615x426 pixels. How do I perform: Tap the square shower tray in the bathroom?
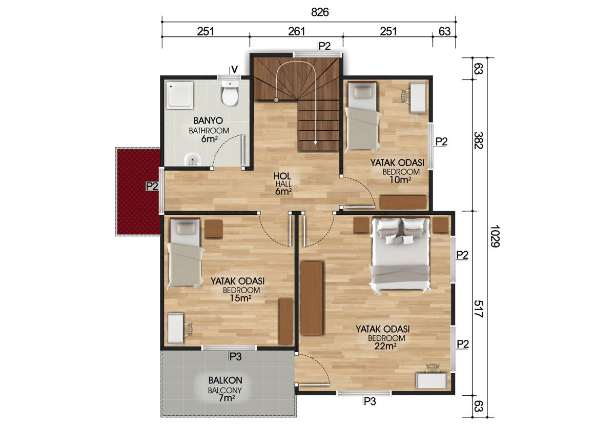point(180,95)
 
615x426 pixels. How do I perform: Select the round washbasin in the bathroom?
point(193,159)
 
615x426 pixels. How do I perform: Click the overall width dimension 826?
point(320,12)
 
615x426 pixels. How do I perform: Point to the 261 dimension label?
point(297,32)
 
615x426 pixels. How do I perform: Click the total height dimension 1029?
point(495,236)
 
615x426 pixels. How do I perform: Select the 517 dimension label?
point(479,309)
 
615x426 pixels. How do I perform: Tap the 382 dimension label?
point(479,140)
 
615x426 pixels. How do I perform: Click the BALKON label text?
point(225,380)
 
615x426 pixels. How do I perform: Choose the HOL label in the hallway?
point(282,176)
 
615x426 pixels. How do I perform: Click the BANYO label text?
point(208,120)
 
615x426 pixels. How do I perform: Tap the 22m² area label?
point(385,347)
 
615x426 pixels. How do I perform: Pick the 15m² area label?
point(240,298)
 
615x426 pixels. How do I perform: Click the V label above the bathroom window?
point(235,70)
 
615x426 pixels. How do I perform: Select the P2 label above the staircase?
point(324,46)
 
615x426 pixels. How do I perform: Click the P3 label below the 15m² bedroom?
point(236,356)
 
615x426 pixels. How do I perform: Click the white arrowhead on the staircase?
point(316,143)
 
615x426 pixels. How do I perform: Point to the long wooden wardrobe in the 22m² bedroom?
point(312,298)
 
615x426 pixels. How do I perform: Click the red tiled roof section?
point(138,191)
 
